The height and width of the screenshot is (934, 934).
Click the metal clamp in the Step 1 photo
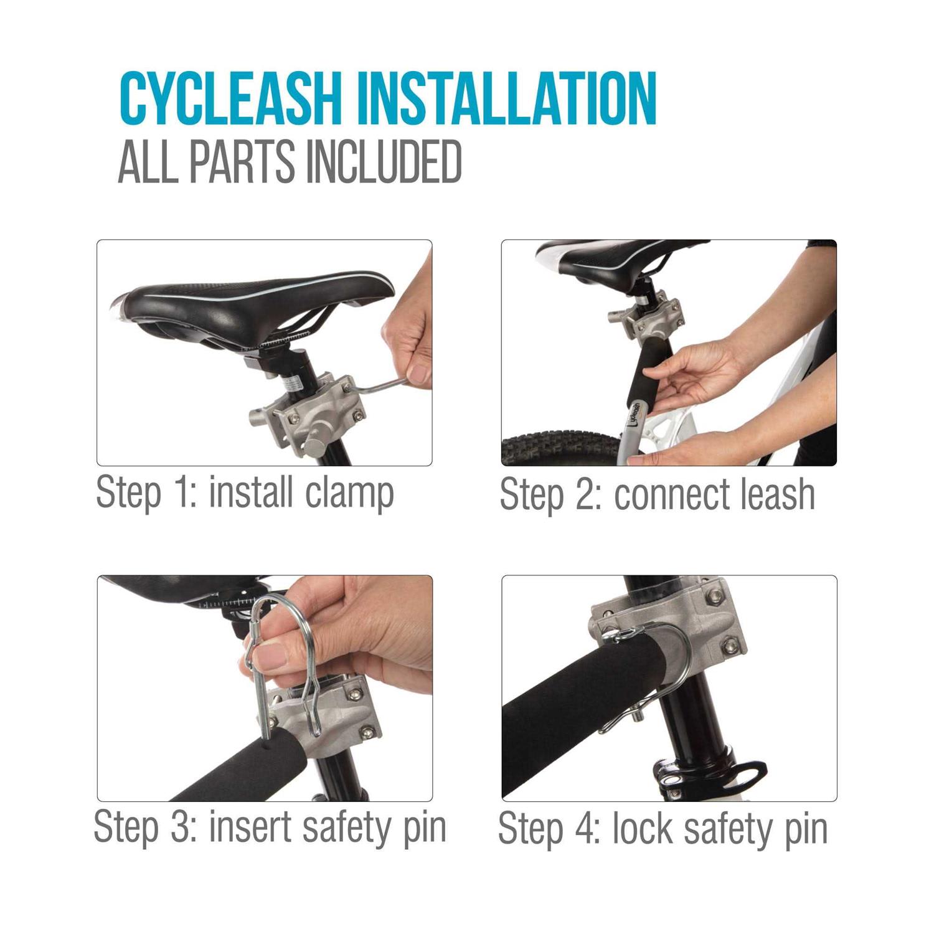coord(311,414)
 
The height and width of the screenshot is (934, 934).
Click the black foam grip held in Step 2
coord(648,374)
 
